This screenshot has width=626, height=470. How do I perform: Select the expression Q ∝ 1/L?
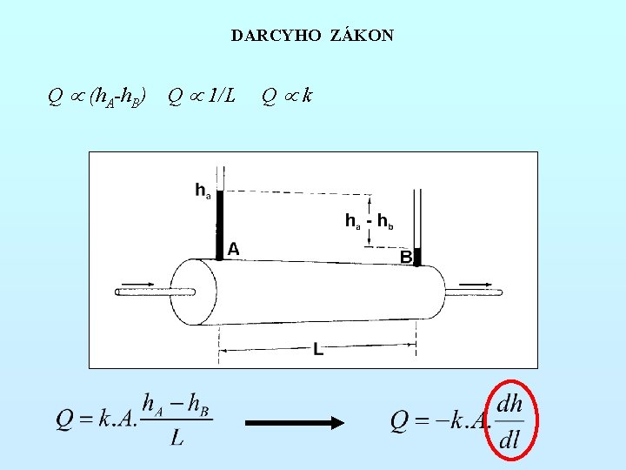pyautogui.click(x=201, y=95)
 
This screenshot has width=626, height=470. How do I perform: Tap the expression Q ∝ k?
pyautogui.click(x=287, y=95)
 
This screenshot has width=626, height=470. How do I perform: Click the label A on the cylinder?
pyautogui.click(x=233, y=249)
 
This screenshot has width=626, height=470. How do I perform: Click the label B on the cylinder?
pyautogui.click(x=406, y=257)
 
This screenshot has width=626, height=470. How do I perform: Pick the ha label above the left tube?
pyautogui.click(x=202, y=189)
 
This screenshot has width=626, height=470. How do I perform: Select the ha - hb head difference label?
pyautogui.click(x=370, y=222)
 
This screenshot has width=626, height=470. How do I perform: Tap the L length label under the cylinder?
pyautogui.click(x=318, y=350)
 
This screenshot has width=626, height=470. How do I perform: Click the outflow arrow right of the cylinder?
pyautogui.click(x=475, y=282)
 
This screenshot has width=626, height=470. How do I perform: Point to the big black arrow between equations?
pyautogui.click(x=295, y=423)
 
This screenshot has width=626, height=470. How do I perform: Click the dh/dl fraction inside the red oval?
pyautogui.click(x=509, y=422)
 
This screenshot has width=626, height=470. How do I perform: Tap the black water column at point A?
pyautogui.click(x=220, y=225)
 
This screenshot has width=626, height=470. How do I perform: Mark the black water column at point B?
pyautogui.click(x=416, y=257)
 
